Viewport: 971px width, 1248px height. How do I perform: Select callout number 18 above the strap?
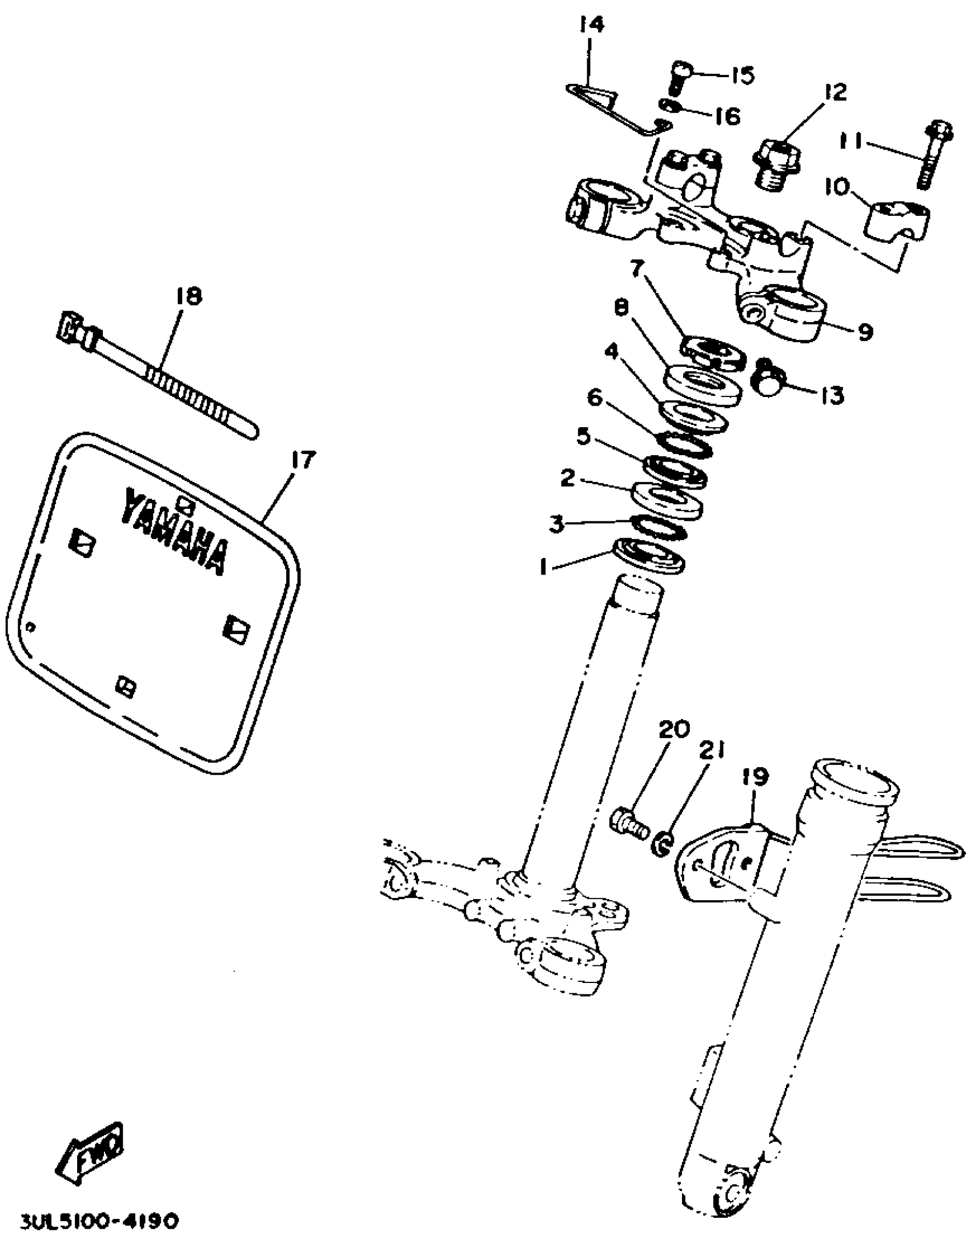189,296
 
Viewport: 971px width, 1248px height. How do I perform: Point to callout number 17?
303,459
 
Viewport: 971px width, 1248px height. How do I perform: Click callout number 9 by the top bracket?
865,331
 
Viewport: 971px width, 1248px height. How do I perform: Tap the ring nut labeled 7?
711,350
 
